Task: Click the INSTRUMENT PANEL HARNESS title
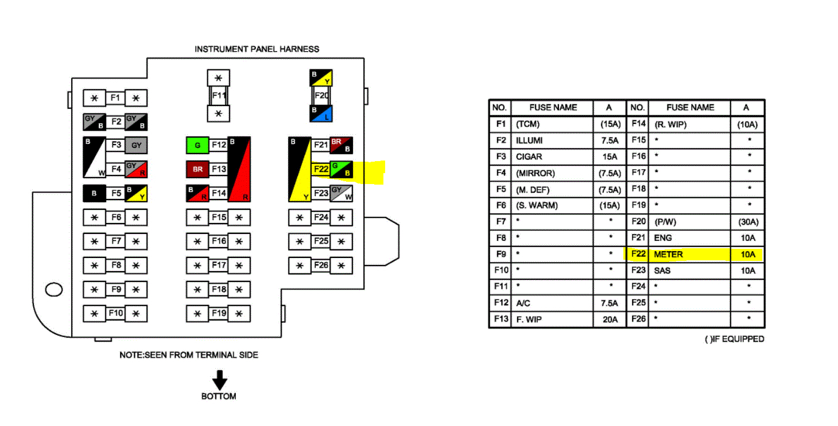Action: pyautogui.click(x=257, y=49)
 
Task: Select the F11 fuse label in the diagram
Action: pyautogui.click(x=218, y=95)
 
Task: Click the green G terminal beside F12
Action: pyautogui.click(x=197, y=146)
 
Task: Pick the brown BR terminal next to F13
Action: pyautogui.click(x=197, y=169)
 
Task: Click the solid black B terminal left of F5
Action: pyautogui.click(x=94, y=193)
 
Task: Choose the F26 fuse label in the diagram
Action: pyautogui.click(x=320, y=265)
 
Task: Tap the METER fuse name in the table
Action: pyautogui.click(x=668, y=254)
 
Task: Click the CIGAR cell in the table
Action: pyautogui.click(x=529, y=157)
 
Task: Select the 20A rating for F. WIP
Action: pyautogui.click(x=610, y=319)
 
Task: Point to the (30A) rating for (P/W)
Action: pyautogui.click(x=746, y=221)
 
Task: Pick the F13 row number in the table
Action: pyautogui.click(x=501, y=319)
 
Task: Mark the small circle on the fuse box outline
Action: pyautogui.click(x=53, y=290)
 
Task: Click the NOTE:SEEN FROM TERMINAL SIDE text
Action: pyautogui.click(x=189, y=355)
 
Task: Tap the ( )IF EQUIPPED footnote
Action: pyautogui.click(x=734, y=339)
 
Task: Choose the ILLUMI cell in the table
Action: pyautogui.click(x=529, y=140)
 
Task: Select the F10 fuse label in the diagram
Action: pyautogui.click(x=115, y=313)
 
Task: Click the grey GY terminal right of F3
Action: pyautogui.click(x=136, y=146)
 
